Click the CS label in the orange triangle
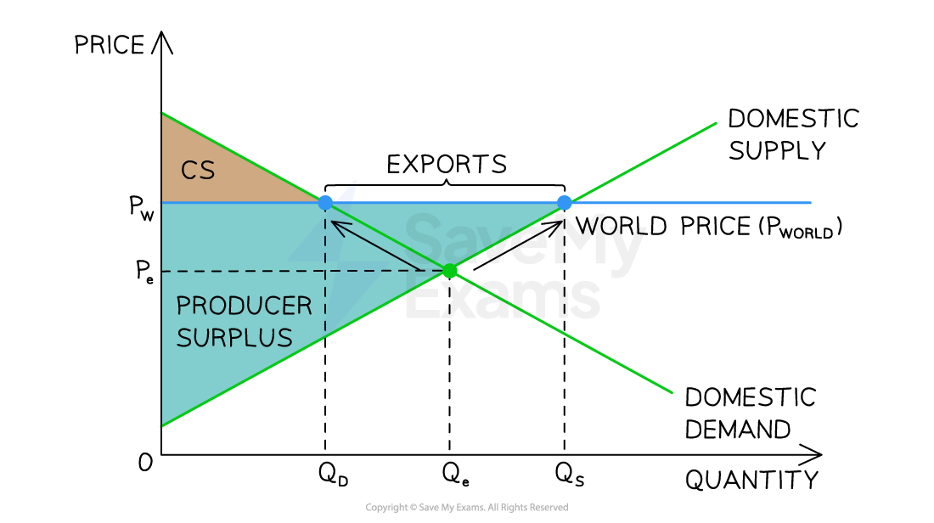[198, 171]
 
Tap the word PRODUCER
[244, 306]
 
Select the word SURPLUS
[234, 338]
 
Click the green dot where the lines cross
[449, 271]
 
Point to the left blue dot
[325, 203]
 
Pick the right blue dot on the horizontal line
[565, 202]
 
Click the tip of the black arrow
[332, 222]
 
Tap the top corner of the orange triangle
[162, 112]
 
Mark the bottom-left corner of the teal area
[162, 425]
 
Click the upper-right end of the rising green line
[716, 123]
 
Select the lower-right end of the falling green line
[672, 392]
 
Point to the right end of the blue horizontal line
[811, 203]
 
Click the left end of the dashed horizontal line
[163, 271]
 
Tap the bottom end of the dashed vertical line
[324, 340]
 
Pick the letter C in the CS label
[188, 171]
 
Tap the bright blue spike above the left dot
[349, 188]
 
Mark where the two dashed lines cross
[324, 271]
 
